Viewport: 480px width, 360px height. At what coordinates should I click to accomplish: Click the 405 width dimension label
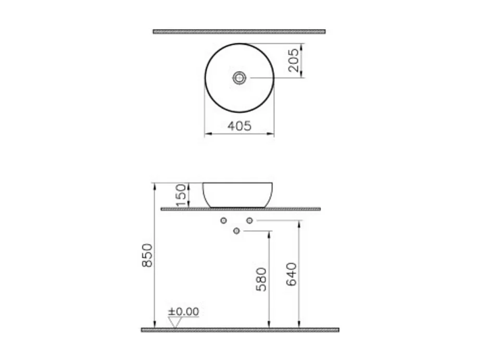239,126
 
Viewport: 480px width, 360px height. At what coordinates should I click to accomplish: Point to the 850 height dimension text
148,255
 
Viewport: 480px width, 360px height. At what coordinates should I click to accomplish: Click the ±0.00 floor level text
183,312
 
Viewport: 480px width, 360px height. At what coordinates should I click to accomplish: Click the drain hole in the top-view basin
239,78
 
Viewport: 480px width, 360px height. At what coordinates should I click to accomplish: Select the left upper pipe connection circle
224,221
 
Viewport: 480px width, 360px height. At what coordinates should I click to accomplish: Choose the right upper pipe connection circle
249,221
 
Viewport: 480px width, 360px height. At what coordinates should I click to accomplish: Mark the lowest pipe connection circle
237,231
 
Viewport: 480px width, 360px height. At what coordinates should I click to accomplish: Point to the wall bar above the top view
239,31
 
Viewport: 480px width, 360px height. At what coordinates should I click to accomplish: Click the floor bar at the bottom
240,330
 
